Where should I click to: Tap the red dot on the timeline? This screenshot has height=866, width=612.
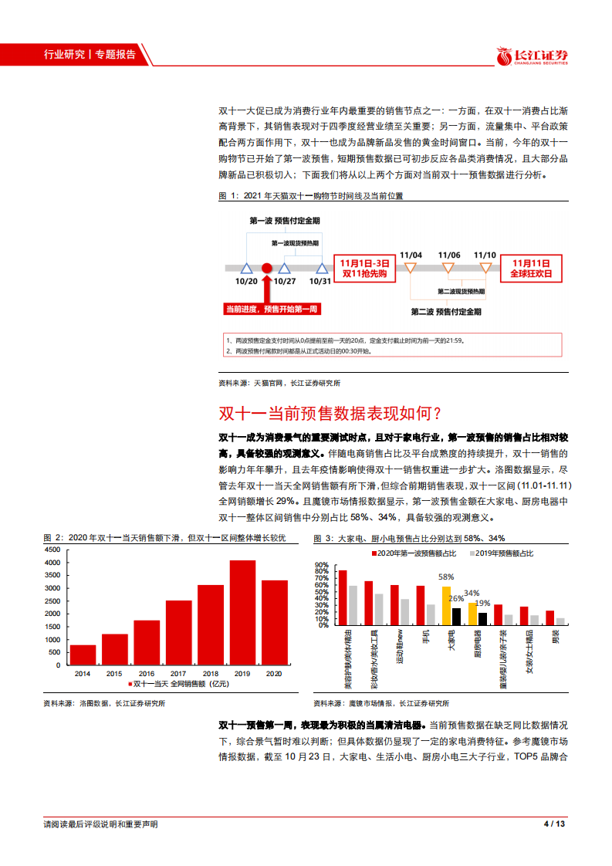point(266,268)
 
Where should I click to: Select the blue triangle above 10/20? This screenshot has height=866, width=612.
point(246,268)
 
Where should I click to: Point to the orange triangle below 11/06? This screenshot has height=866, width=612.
point(448,268)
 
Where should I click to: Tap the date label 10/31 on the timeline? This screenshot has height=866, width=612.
point(320,281)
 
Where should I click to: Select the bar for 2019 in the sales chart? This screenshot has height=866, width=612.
point(242,612)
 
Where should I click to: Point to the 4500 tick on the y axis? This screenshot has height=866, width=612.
point(52,550)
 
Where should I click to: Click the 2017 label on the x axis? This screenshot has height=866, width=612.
point(178,673)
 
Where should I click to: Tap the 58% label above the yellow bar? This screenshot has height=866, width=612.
point(446,576)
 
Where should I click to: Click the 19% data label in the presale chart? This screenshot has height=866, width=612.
point(482,603)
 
